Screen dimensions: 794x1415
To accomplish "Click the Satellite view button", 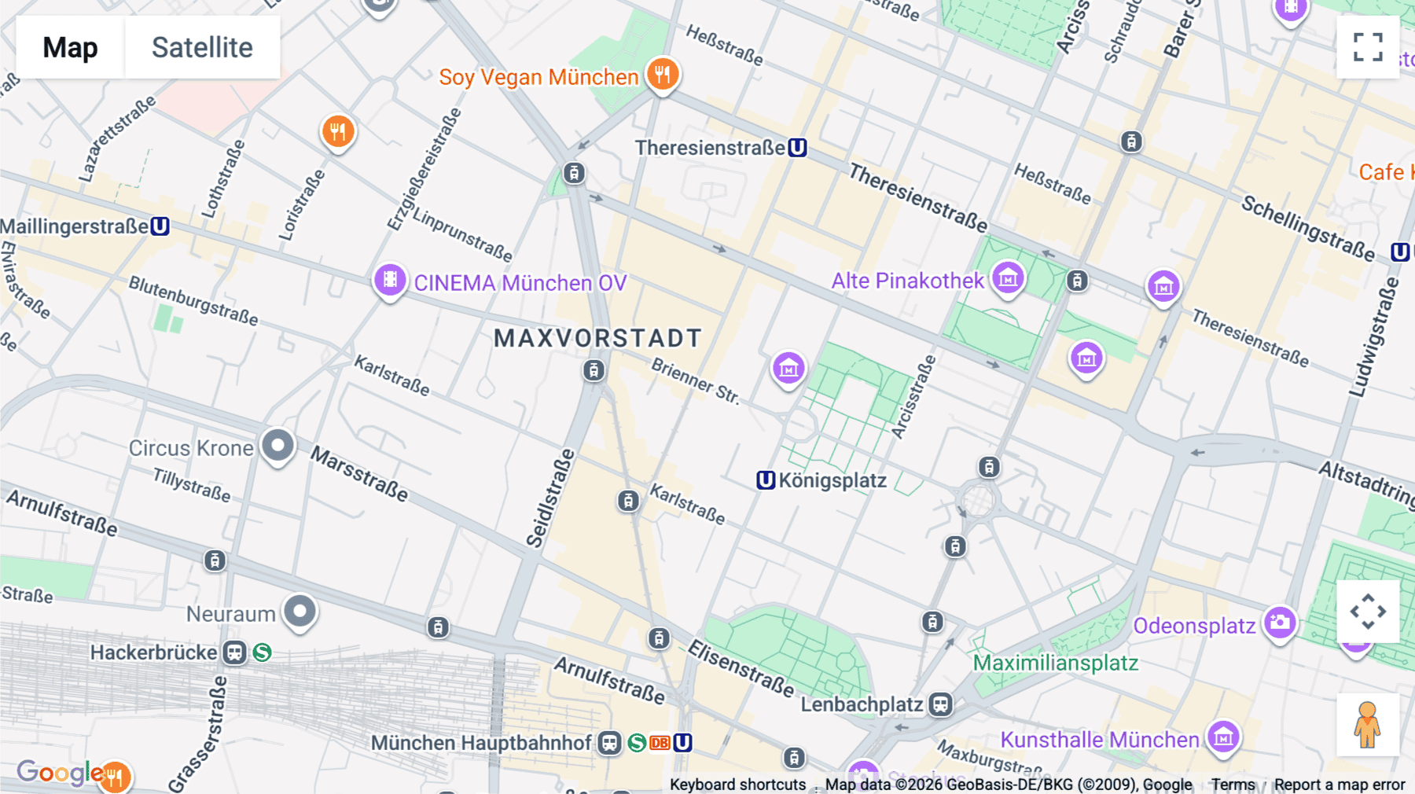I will (x=202, y=47).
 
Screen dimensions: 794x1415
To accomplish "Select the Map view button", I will (x=70, y=47).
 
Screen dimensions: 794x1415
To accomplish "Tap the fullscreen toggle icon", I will (x=1368, y=47).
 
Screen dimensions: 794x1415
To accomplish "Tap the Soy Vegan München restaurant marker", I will (x=663, y=75).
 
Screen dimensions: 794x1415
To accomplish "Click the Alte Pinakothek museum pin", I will (x=1008, y=278).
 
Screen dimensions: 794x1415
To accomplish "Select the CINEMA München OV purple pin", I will (x=389, y=280).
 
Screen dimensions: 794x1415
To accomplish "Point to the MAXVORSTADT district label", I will (x=597, y=338).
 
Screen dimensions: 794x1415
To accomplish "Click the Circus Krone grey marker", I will (x=277, y=446).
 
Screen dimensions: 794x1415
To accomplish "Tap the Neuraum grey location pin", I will (x=300, y=611).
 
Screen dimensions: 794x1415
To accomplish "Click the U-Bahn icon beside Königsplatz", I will (x=766, y=480).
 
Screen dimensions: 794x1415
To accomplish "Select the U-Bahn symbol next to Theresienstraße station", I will (x=797, y=148).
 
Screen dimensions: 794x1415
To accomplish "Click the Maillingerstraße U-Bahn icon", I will (x=160, y=226).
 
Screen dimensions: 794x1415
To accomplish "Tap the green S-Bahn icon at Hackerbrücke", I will (x=263, y=652).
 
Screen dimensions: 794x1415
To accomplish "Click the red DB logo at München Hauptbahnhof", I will (x=660, y=743).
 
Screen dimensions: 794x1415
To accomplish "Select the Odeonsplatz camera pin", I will (x=1279, y=623).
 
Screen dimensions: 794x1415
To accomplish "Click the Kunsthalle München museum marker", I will (x=1223, y=737).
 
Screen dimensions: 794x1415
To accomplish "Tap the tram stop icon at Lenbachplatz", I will (x=940, y=704).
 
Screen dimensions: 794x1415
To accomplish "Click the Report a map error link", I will (x=1340, y=785).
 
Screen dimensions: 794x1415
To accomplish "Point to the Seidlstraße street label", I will (x=549, y=498).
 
